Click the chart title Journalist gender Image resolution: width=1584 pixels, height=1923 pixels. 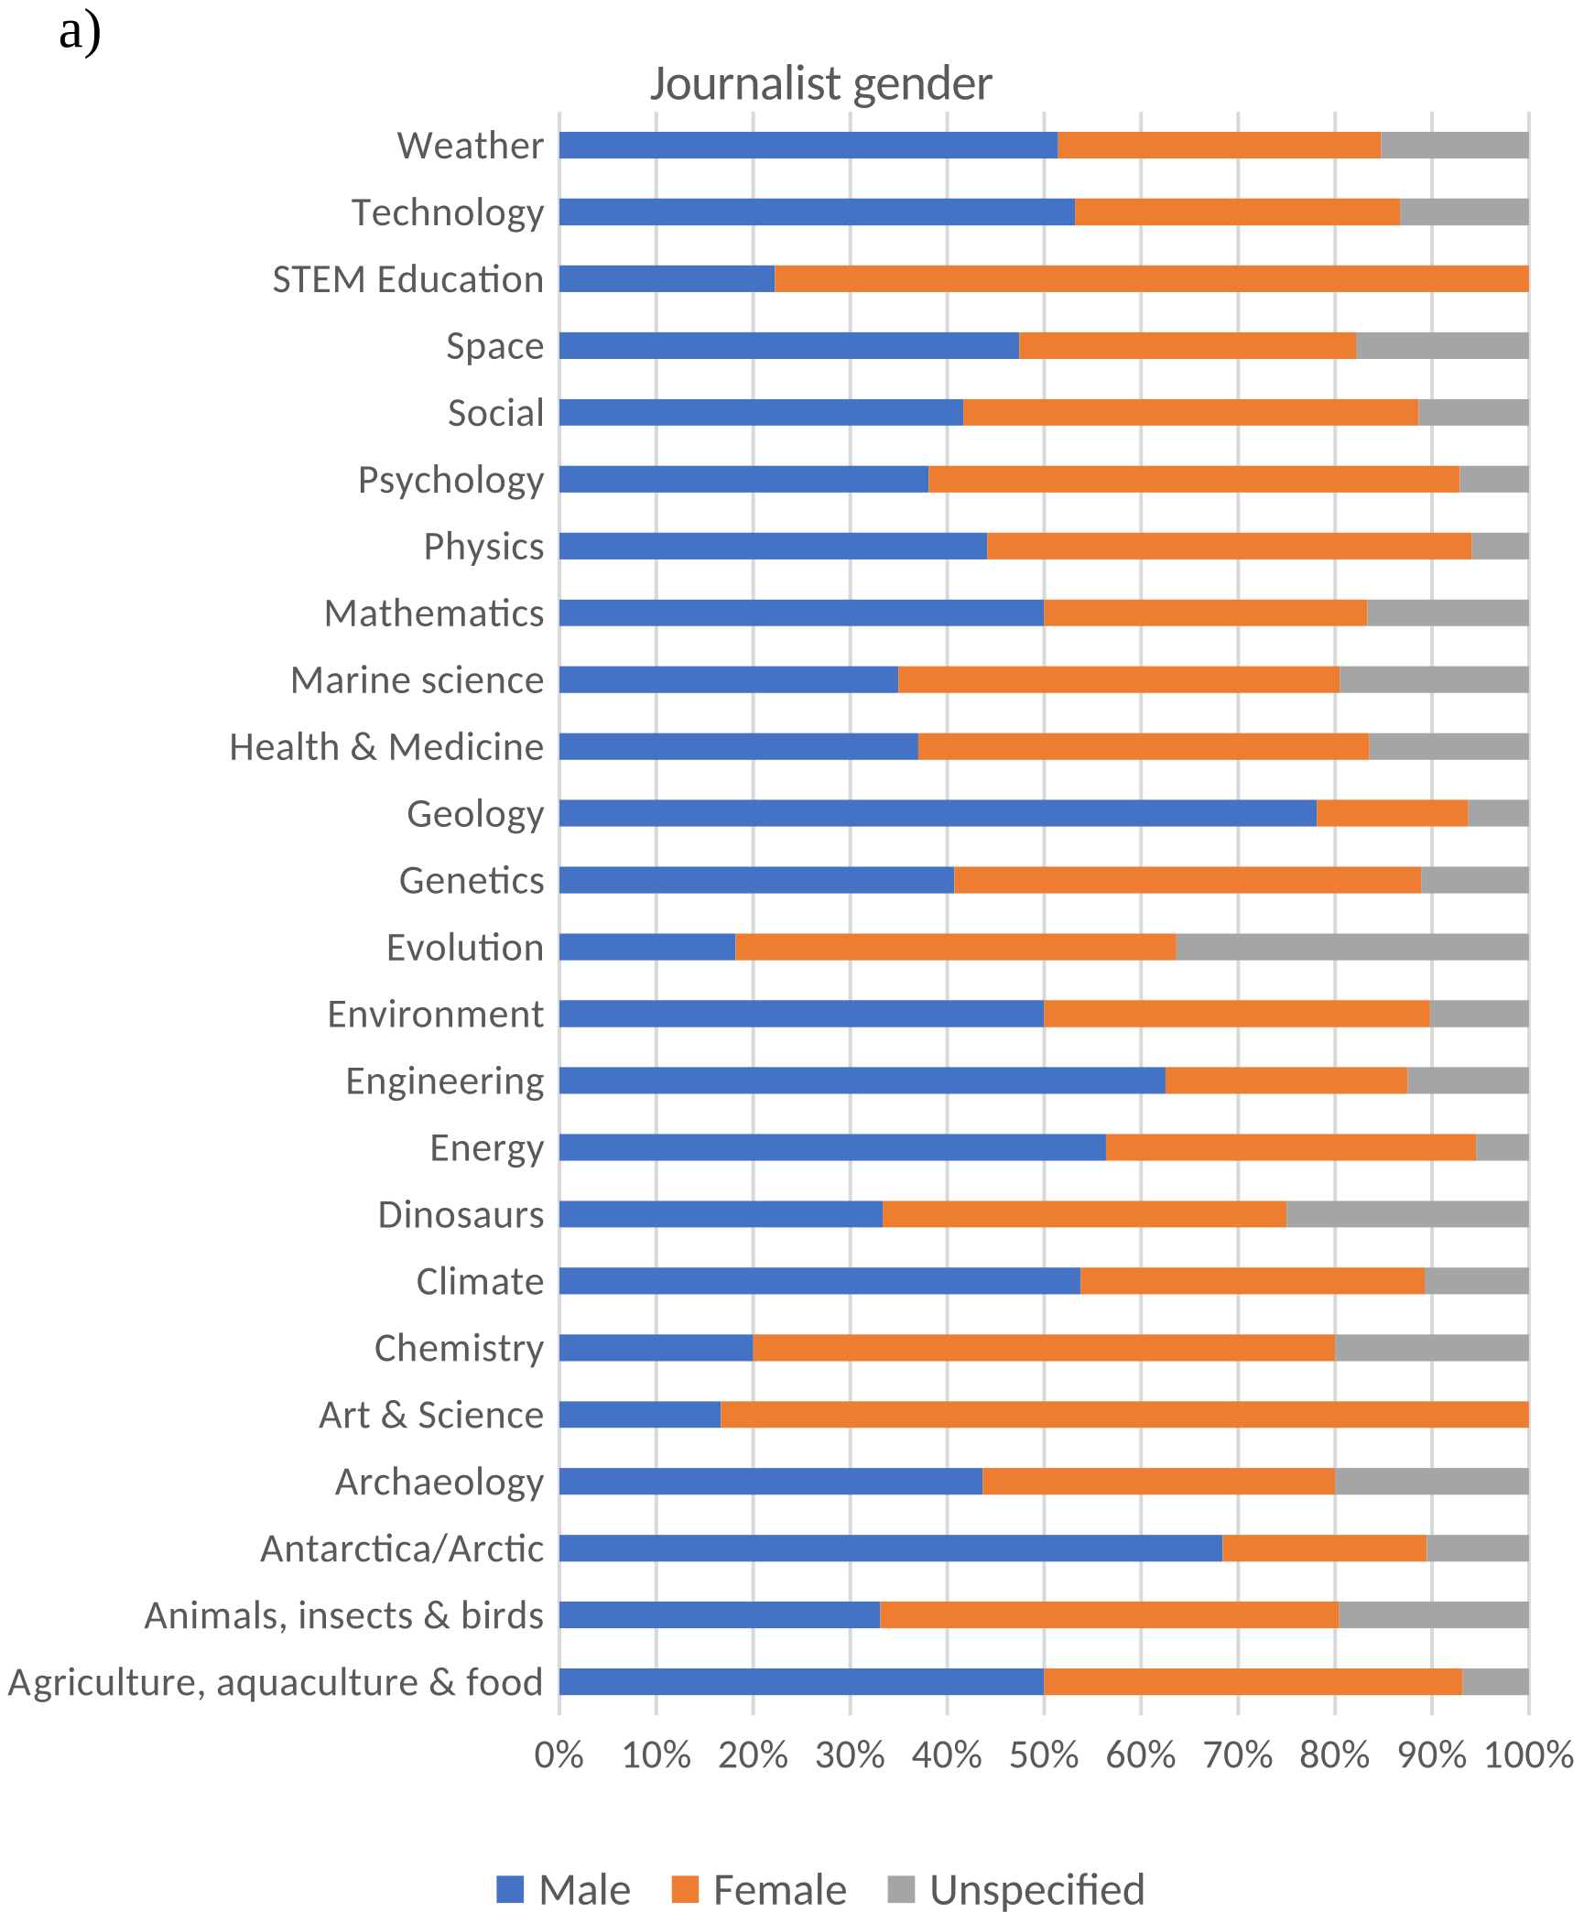(820, 83)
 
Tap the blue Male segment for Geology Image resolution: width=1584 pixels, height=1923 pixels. (938, 813)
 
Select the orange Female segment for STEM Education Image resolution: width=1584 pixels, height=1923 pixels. (1151, 278)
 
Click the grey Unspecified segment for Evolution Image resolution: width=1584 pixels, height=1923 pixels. (1351, 947)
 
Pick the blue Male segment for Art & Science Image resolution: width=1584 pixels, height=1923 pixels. (640, 1415)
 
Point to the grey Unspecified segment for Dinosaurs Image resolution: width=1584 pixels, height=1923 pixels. (1407, 1214)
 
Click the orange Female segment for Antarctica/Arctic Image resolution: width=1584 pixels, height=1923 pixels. (1324, 1548)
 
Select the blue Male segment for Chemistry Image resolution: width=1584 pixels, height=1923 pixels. (656, 1348)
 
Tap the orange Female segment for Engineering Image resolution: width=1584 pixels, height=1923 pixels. (1286, 1081)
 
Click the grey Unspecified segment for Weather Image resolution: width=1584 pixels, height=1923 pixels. (1454, 145)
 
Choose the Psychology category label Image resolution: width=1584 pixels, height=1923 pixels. (450, 480)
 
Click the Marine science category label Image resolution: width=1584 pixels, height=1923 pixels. (417, 680)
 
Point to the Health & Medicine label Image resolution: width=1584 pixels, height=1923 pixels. (386, 747)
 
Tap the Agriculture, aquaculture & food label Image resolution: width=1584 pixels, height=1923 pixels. (276, 1682)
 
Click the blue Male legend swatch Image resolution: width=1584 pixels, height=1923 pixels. (510, 1889)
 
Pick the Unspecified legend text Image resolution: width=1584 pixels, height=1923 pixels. (1036, 1889)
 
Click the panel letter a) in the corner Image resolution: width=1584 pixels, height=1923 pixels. (80, 32)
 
